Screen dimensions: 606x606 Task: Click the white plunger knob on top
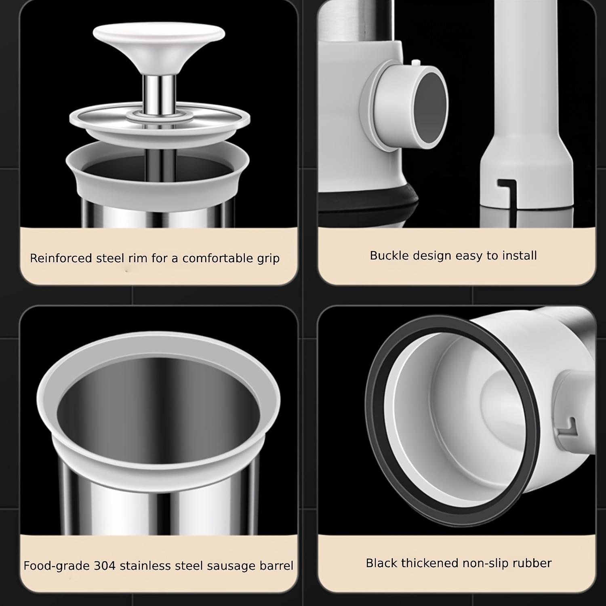(159, 34)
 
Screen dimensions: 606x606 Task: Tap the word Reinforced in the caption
(61, 258)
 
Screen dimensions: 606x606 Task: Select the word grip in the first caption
(268, 259)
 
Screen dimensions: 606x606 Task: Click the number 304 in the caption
(105, 566)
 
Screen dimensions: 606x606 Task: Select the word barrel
(275, 566)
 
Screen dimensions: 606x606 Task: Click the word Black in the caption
(381, 563)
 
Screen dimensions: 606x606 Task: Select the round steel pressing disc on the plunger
(159, 119)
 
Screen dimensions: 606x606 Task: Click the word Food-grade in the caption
(57, 566)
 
